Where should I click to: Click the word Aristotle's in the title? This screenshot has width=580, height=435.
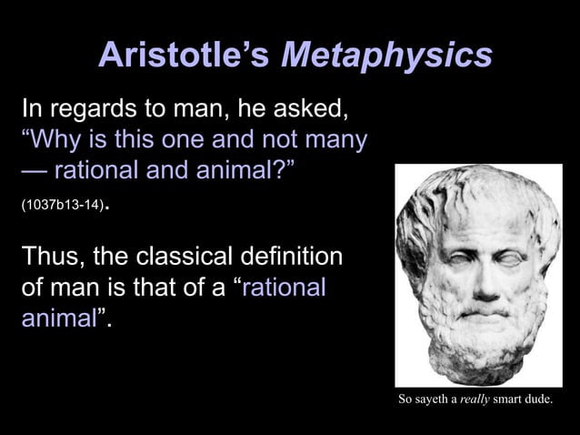[184, 56]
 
